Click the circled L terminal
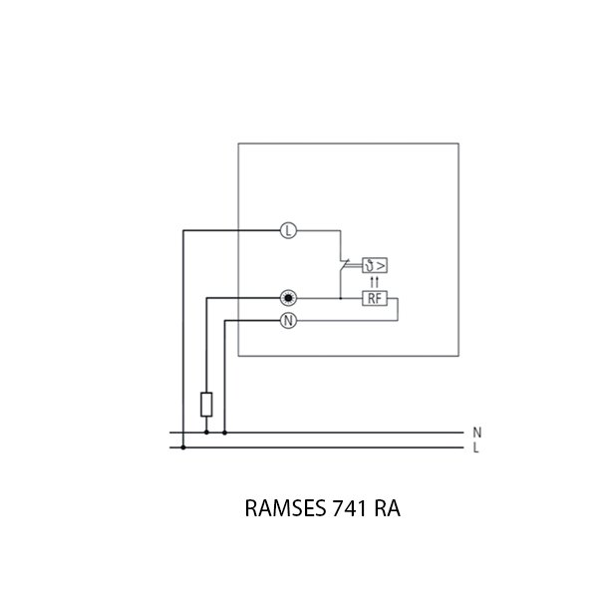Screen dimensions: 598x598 tap(288, 231)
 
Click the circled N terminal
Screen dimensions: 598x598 tap(288, 321)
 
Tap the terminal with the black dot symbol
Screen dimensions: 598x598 tap(288, 298)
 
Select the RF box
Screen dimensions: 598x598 tap(375, 298)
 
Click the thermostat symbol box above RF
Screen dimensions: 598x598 tap(375, 265)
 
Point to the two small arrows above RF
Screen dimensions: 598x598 tap(375, 282)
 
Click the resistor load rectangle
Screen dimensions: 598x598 tap(206, 405)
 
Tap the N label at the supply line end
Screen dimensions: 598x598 tap(477, 433)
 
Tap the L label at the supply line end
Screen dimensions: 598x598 tap(477, 448)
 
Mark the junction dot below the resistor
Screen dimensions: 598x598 tap(206, 433)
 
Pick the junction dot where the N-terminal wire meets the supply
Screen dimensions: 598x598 tap(224, 433)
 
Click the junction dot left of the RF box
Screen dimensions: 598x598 tap(341, 298)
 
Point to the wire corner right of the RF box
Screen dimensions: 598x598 tap(399, 298)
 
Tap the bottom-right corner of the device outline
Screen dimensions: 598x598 tap(458, 356)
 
